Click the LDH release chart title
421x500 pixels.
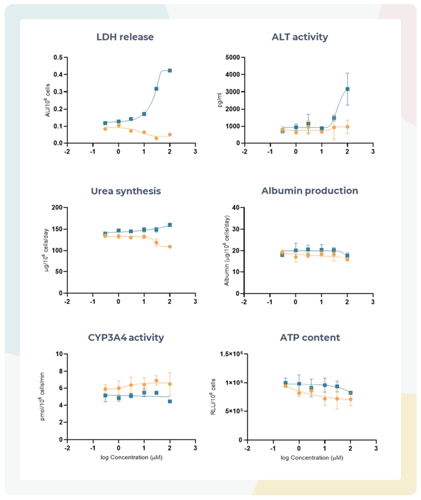125,37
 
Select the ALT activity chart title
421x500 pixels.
300,37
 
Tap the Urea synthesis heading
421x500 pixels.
126,191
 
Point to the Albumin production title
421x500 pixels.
310,191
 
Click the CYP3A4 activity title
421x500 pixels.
126,337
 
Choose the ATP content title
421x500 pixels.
310,337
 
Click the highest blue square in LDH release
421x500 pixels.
170,70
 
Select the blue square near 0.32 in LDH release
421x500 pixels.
156,89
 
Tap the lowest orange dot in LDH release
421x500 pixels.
156,138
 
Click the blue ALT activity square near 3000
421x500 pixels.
347,89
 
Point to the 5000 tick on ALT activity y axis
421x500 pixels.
232,57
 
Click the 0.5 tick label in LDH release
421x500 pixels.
58,57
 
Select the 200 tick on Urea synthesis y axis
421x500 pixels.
57,207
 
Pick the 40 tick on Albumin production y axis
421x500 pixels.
235,207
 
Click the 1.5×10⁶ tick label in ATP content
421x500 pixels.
231,354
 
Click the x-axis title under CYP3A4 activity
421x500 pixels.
131,457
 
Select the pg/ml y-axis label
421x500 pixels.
220,100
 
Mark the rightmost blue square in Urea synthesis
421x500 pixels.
170,225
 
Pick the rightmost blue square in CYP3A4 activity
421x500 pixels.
170,401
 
